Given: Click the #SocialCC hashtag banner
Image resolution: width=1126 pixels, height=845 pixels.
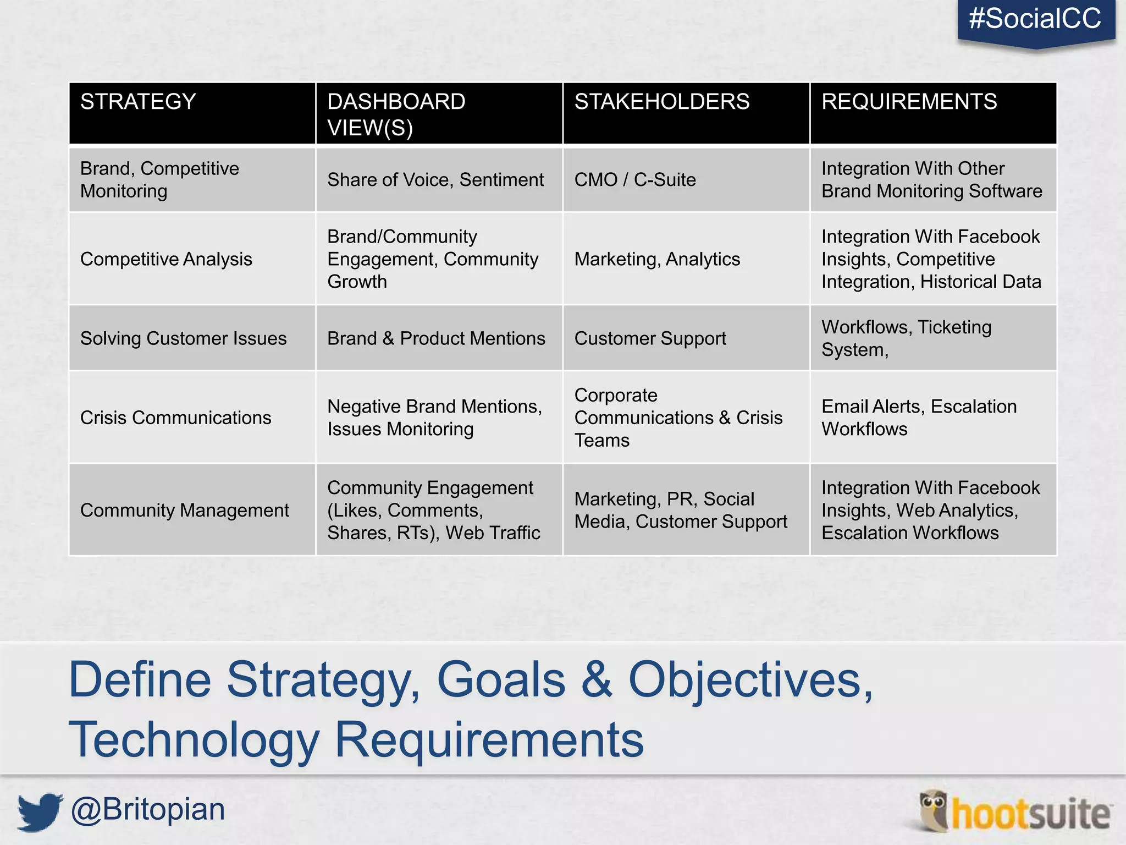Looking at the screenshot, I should tap(1035, 19).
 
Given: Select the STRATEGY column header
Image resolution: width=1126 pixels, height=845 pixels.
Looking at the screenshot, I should tap(138, 102).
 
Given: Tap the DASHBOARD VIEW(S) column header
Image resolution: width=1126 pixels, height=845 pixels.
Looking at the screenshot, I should tap(396, 114).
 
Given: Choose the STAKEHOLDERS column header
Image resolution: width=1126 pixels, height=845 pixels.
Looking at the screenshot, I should tap(662, 102).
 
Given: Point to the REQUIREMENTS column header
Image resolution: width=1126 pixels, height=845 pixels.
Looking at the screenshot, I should tap(909, 102).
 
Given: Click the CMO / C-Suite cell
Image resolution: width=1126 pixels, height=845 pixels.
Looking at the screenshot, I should tap(635, 180).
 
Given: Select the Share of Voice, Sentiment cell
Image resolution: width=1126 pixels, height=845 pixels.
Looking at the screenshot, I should tap(435, 180).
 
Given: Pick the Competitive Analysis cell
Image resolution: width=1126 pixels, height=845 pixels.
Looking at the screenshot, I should tap(166, 259).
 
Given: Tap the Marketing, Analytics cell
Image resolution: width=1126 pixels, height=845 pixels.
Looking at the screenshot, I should tap(657, 259).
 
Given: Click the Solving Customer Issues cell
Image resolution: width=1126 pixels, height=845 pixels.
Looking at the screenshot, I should tap(183, 338).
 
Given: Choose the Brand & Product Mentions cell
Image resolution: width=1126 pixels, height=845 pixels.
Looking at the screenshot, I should tap(436, 338).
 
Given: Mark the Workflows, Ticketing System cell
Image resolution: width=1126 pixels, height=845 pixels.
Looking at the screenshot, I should tap(906, 338).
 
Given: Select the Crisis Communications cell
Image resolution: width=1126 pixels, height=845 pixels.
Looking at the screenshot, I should tap(175, 418).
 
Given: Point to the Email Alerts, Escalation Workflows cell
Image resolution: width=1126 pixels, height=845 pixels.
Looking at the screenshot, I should tap(919, 418).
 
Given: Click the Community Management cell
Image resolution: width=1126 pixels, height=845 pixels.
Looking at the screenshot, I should tap(184, 511).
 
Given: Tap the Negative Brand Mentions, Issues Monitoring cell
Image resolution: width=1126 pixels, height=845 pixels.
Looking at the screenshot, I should tap(434, 418).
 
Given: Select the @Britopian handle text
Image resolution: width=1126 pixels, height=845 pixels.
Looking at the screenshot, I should tap(148, 810).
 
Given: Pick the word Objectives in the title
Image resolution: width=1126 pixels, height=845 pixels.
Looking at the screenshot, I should tap(750, 680).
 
